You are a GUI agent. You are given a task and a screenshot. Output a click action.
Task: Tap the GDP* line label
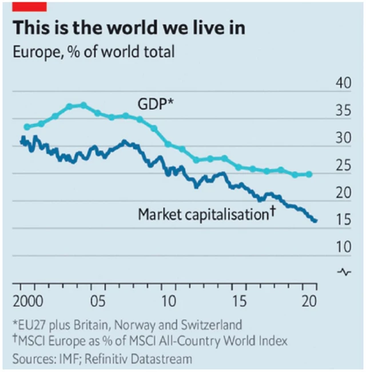tap(156, 104)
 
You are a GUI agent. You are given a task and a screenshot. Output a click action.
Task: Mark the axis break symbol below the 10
tap(344, 272)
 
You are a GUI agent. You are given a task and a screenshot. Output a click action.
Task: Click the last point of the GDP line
tap(309, 174)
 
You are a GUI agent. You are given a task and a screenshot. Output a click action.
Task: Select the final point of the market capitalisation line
tap(315, 220)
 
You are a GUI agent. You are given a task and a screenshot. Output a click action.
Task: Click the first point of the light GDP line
tap(26, 126)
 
